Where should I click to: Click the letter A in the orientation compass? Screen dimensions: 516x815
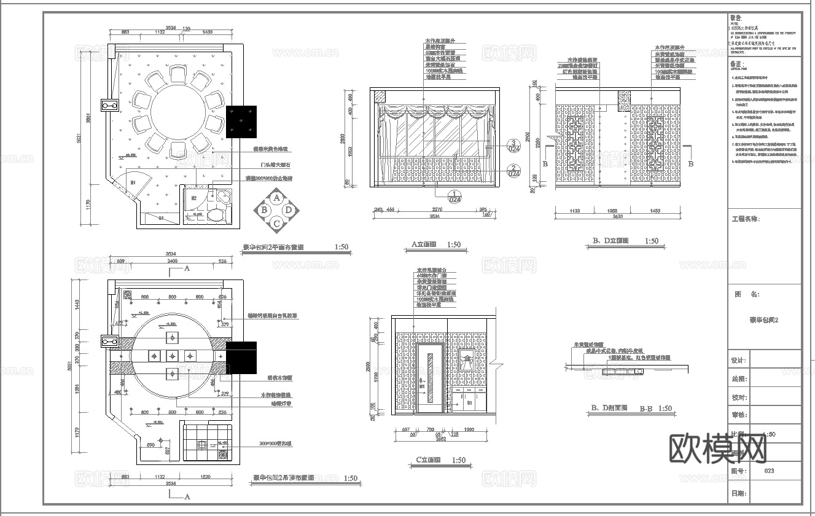[x=277, y=198]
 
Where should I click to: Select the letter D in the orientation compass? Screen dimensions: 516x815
[x=289, y=210]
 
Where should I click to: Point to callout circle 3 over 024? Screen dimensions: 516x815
[x=513, y=147]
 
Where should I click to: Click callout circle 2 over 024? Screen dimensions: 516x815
[x=513, y=170]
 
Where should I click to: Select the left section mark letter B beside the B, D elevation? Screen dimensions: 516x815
[x=545, y=164]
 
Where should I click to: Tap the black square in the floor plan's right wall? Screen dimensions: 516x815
[x=241, y=121]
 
